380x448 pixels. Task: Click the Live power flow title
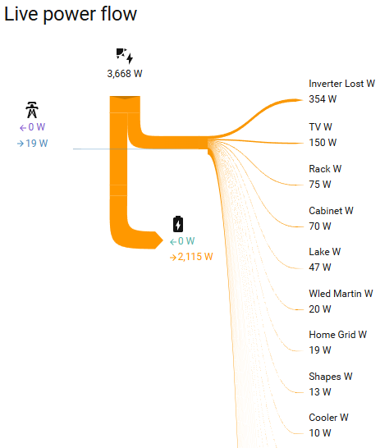(x=71, y=14)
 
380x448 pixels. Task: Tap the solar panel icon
(x=125, y=56)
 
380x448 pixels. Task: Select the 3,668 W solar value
(x=125, y=74)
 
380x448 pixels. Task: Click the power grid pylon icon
(x=32, y=110)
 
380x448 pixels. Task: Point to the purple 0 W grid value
(x=32, y=127)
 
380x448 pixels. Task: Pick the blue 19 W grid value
(x=32, y=143)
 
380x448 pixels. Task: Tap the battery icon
(x=178, y=224)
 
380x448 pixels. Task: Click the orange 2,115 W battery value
(x=191, y=257)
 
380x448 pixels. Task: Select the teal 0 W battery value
(x=182, y=241)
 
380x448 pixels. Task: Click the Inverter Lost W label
(x=341, y=84)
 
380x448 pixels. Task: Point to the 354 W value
(x=323, y=99)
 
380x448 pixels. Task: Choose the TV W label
(x=320, y=127)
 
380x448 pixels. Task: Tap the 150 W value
(x=323, y=143)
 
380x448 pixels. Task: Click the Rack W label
(x=325, y=169)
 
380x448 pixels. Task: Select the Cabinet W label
(x=331, y=211)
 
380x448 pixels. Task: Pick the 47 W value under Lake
(x=320, y=267)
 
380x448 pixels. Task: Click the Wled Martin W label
(x=341, y=294)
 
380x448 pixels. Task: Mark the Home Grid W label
(x=337, y=335)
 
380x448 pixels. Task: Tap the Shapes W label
(x=331, y=377)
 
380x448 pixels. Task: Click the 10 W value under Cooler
(x=320, y=433)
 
